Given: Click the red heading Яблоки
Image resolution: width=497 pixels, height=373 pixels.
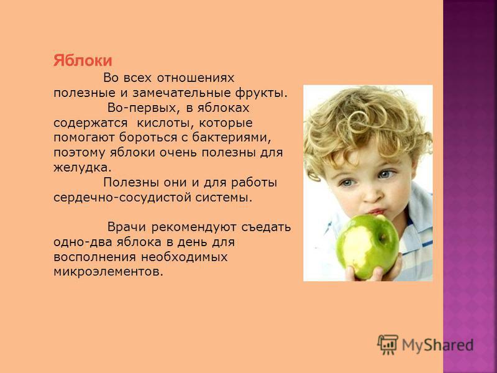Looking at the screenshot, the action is (x=83, y=60).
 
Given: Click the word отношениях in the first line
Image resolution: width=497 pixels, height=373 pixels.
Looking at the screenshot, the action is (x=196, y=78).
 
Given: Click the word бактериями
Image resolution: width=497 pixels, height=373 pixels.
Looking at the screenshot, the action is (x=232, y=137).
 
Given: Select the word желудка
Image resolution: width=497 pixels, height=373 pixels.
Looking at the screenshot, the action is (x=83, y=168).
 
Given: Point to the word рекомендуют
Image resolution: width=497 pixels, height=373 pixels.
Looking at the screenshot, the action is (x=194, y=228).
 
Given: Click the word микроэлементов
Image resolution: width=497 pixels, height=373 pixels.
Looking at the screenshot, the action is (x=108, y=272).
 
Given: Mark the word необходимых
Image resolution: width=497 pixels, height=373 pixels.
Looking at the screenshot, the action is (x=185, y=257).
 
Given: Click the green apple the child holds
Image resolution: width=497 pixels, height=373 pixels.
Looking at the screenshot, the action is (x=367, y=246).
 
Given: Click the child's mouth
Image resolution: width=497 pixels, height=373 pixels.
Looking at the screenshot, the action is (x=376, y=211).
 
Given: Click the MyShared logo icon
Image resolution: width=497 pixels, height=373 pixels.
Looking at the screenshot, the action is (x=388, y=344).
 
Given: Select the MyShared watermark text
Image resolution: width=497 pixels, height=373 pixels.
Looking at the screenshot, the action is (x=438, y=345).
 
